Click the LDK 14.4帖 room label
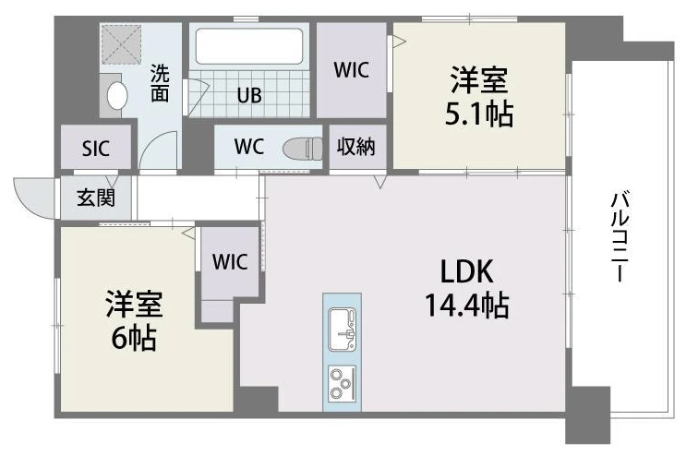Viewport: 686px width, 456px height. click(x=467, y=288)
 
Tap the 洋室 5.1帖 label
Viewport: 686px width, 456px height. click(x=478, y=96)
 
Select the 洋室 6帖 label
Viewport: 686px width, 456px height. click(x=134, y=321)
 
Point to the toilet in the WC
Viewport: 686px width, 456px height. click(x=303, y=149)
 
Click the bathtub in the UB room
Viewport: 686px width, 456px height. click(x=249, y=46)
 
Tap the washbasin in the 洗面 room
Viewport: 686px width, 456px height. click(x=117, y=96)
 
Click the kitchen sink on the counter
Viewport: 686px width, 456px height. click(x=343, y=330)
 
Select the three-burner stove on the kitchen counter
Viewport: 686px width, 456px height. click(x=343, y=383)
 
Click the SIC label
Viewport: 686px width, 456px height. click(x=96, y=149)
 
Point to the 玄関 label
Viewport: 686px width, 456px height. click(x=96, y=198)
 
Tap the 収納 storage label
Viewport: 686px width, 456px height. click(x=356, y=147)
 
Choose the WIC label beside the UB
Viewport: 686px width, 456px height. click(x=352, y=70)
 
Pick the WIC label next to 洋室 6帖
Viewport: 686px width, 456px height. click(x=230, y=261)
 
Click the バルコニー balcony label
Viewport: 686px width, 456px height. click(x=620, y=236)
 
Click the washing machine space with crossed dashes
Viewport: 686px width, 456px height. click(x=121, y=44)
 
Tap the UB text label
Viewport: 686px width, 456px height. click(x=249, y=95)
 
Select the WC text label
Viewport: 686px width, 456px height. click(x=249, y=147)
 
